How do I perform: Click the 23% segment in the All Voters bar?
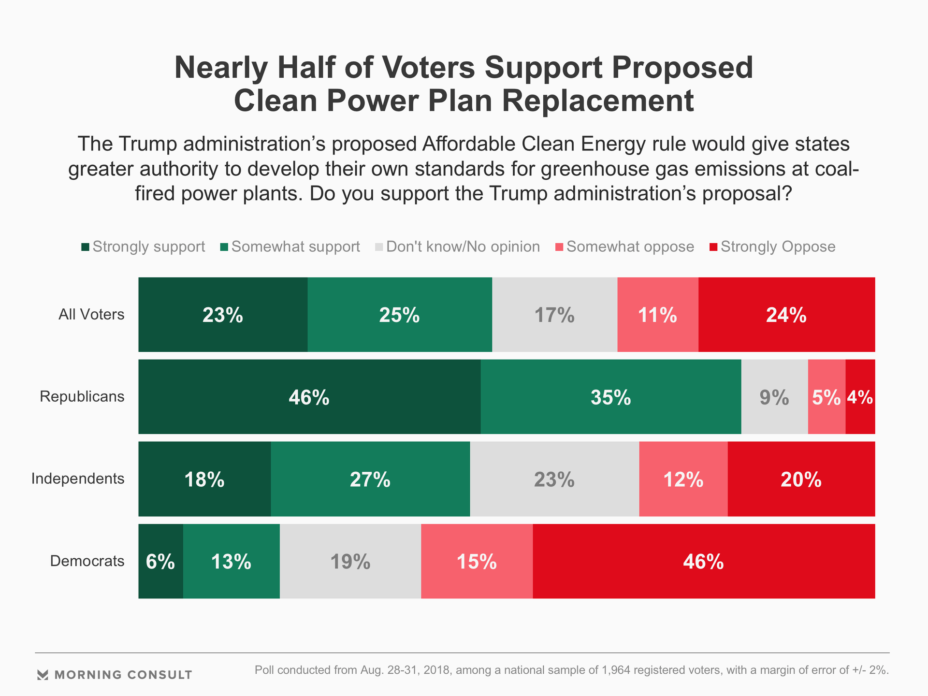[x=223, y=315]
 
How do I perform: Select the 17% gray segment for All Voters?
[x=554, y=315]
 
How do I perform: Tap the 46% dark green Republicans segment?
[x=309, y=397]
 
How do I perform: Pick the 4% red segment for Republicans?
[x=860, y=397]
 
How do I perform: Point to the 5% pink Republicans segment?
[x=826, y=397]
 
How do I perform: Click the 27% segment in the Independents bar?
[x=370, y=479]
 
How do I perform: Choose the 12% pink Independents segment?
[x=683, y=479]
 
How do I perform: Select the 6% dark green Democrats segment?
[x=160, y=561]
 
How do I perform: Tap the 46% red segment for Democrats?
[x=703, y=561]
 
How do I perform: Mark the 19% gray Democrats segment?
[x=350, y=561]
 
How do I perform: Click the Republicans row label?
[x=82, y=397]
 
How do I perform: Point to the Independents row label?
[x=78, y=479]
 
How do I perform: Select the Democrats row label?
[x=87, y=561]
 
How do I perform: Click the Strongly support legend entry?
[x=144, y=247]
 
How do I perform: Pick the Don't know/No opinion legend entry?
[x=457, y=247]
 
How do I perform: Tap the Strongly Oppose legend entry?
[x=772, y=247]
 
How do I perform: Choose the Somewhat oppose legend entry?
[x=625, y=247]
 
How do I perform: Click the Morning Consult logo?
[x=115, y=675]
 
